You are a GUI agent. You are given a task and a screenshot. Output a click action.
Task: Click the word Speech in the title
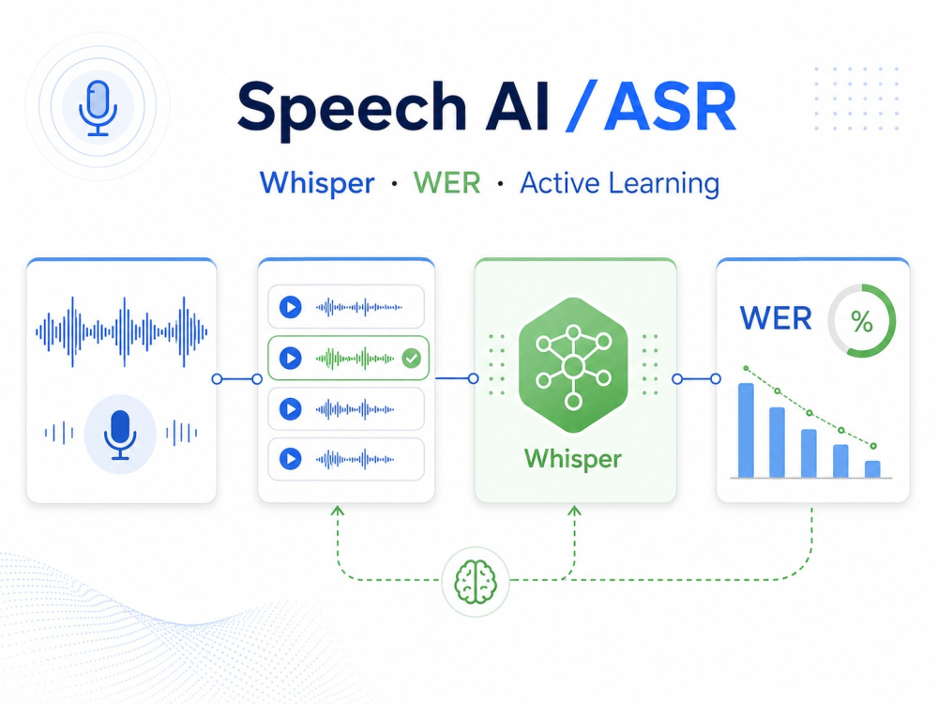[352, 108]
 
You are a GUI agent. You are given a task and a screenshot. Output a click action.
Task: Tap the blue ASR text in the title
[670, 107]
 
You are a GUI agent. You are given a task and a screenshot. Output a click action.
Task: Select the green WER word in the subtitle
[446, 183]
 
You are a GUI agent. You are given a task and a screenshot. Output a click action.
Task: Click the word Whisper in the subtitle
[317, 184]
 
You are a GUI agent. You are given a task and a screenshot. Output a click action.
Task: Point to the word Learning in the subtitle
[664, 184]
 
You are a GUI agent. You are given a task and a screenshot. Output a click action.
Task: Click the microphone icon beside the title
[98, 108]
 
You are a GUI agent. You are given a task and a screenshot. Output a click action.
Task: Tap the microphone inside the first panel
[120, 435]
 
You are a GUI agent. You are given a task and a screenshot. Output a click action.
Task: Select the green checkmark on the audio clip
[411, 359]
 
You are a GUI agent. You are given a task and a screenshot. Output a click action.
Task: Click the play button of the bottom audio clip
[291, 459]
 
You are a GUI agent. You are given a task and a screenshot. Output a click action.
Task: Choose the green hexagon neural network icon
[573, 364]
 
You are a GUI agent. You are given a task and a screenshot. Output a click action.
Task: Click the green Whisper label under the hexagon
[573, 460]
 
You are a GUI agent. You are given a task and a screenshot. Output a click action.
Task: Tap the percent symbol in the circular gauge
[862, 321]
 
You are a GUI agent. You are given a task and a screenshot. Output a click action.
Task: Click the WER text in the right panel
[776, 318]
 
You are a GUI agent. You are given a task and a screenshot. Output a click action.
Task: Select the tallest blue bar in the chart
[746, 430]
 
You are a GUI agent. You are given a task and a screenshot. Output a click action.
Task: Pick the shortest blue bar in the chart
[872, 468]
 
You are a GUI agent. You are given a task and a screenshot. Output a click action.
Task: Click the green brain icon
[476, 581]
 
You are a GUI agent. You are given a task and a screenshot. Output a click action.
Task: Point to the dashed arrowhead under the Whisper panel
[574, 511]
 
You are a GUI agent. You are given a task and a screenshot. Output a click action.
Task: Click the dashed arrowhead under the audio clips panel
[338, 511]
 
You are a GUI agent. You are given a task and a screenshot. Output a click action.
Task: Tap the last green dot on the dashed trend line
[873, 446]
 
